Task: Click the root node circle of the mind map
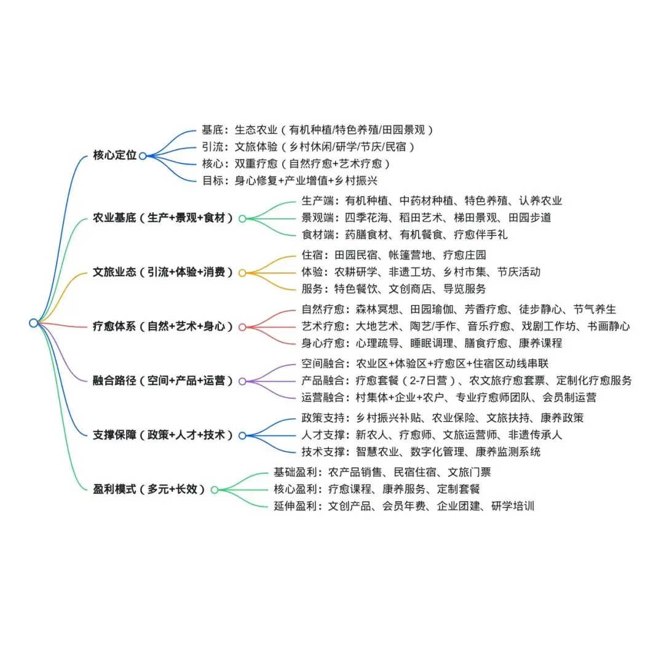tap(33, 323)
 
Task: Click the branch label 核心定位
tap(114, 156)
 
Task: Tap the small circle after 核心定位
tap(143, 156)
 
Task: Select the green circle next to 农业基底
tap(242, 218)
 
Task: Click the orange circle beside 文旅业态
tap(242, 272)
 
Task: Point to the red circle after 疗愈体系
tap(242, 327)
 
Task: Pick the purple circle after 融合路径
tap(242, 381)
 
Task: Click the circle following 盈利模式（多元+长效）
tap(215, 490)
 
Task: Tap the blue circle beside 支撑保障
tap(242, 435)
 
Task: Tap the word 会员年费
tap(404, 506)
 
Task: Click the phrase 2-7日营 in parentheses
tap(430, 381)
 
